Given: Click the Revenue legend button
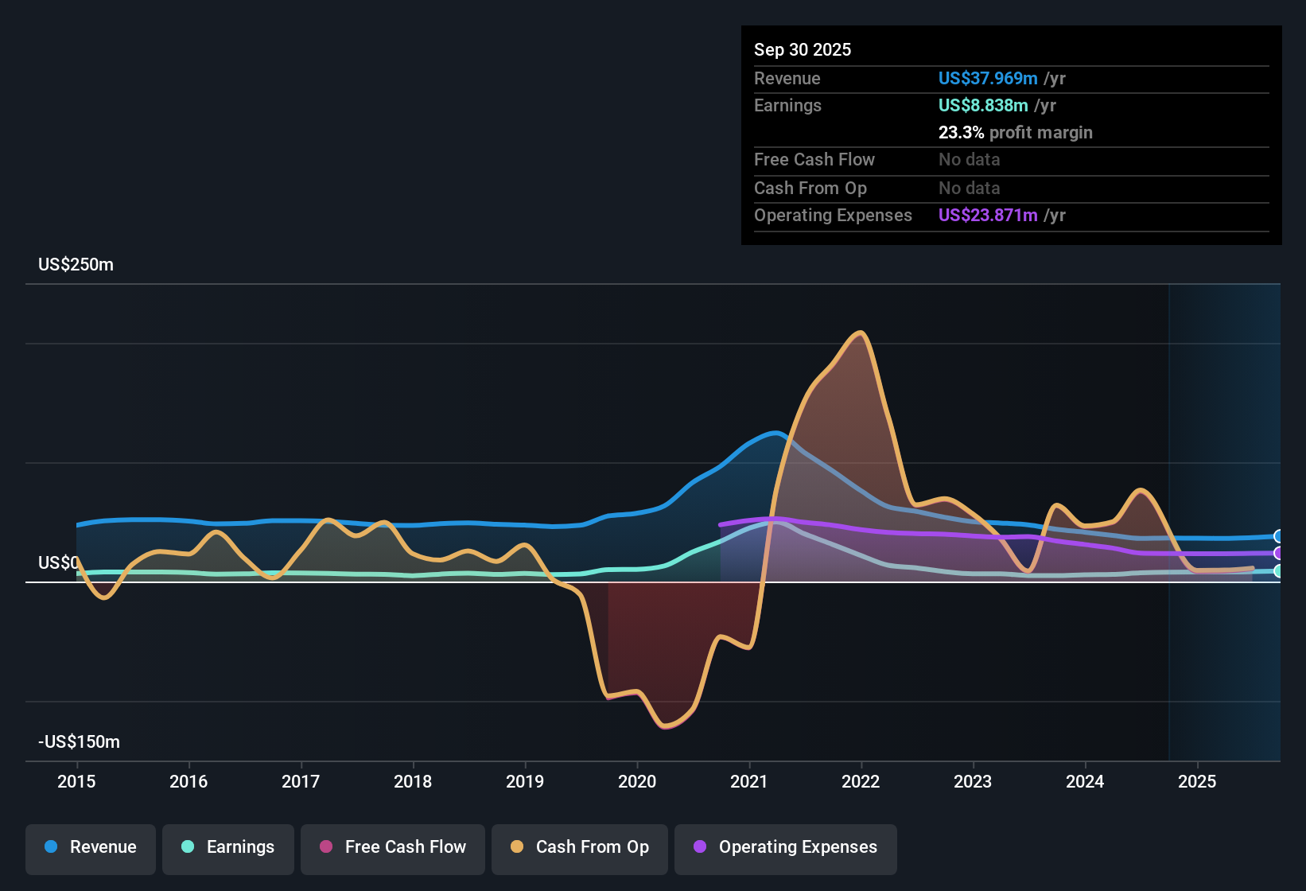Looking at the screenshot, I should (91, 847).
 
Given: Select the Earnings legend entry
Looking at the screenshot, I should (228, 847).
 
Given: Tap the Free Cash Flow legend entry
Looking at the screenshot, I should (393, 847).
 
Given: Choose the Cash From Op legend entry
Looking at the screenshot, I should (580, 847).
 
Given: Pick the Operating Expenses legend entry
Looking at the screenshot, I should (786, 847).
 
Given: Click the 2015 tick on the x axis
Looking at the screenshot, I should (76, 781).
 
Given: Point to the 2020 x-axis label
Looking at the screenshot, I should (637, 781).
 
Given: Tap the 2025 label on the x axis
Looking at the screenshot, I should (1197, 781).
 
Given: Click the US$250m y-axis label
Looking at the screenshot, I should (76, 265).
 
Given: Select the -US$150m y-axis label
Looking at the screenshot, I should (80, 742).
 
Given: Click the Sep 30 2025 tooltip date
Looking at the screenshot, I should (803, 50).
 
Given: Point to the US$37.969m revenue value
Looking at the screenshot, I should (988, 79).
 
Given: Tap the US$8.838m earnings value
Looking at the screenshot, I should (983, 106).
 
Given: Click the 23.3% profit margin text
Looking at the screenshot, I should (1015, 133).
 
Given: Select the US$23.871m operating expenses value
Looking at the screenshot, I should (988, 216).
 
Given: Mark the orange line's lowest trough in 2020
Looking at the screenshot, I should (666, 726).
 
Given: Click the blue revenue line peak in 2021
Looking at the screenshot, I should (776, 433).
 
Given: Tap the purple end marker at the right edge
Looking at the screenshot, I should (1278, 553).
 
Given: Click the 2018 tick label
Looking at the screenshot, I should (413, 781).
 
